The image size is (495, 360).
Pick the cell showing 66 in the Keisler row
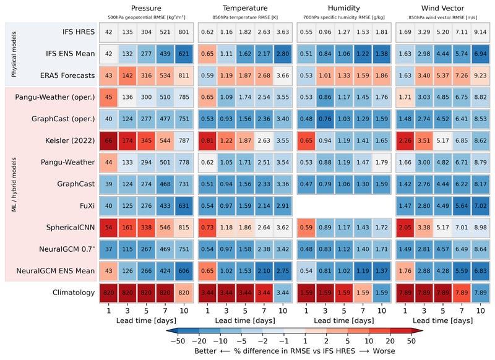(x=108, y=141)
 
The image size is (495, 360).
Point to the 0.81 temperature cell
(x=207, y=141)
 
